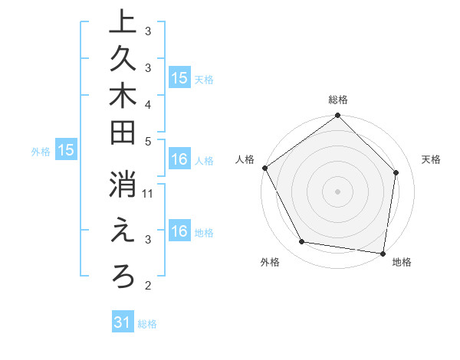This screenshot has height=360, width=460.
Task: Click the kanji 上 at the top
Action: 122,21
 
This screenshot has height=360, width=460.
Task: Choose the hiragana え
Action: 122,231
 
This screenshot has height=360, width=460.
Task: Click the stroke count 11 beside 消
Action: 149,195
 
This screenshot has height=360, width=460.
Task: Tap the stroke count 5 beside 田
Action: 148,141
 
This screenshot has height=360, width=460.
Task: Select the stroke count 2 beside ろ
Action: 148,286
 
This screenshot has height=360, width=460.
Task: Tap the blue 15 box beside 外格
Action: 65,151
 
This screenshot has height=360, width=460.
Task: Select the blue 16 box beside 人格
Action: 179,160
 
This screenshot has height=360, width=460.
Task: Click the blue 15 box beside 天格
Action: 179,78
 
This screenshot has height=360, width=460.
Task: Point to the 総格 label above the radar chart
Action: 338,100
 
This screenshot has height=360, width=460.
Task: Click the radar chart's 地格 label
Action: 402,262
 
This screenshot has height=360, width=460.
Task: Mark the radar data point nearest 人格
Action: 265,168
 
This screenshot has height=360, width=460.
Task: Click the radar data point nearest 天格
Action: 396,172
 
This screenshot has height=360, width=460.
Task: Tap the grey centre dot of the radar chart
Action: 338,191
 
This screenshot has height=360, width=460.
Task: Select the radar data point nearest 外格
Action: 302,242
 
